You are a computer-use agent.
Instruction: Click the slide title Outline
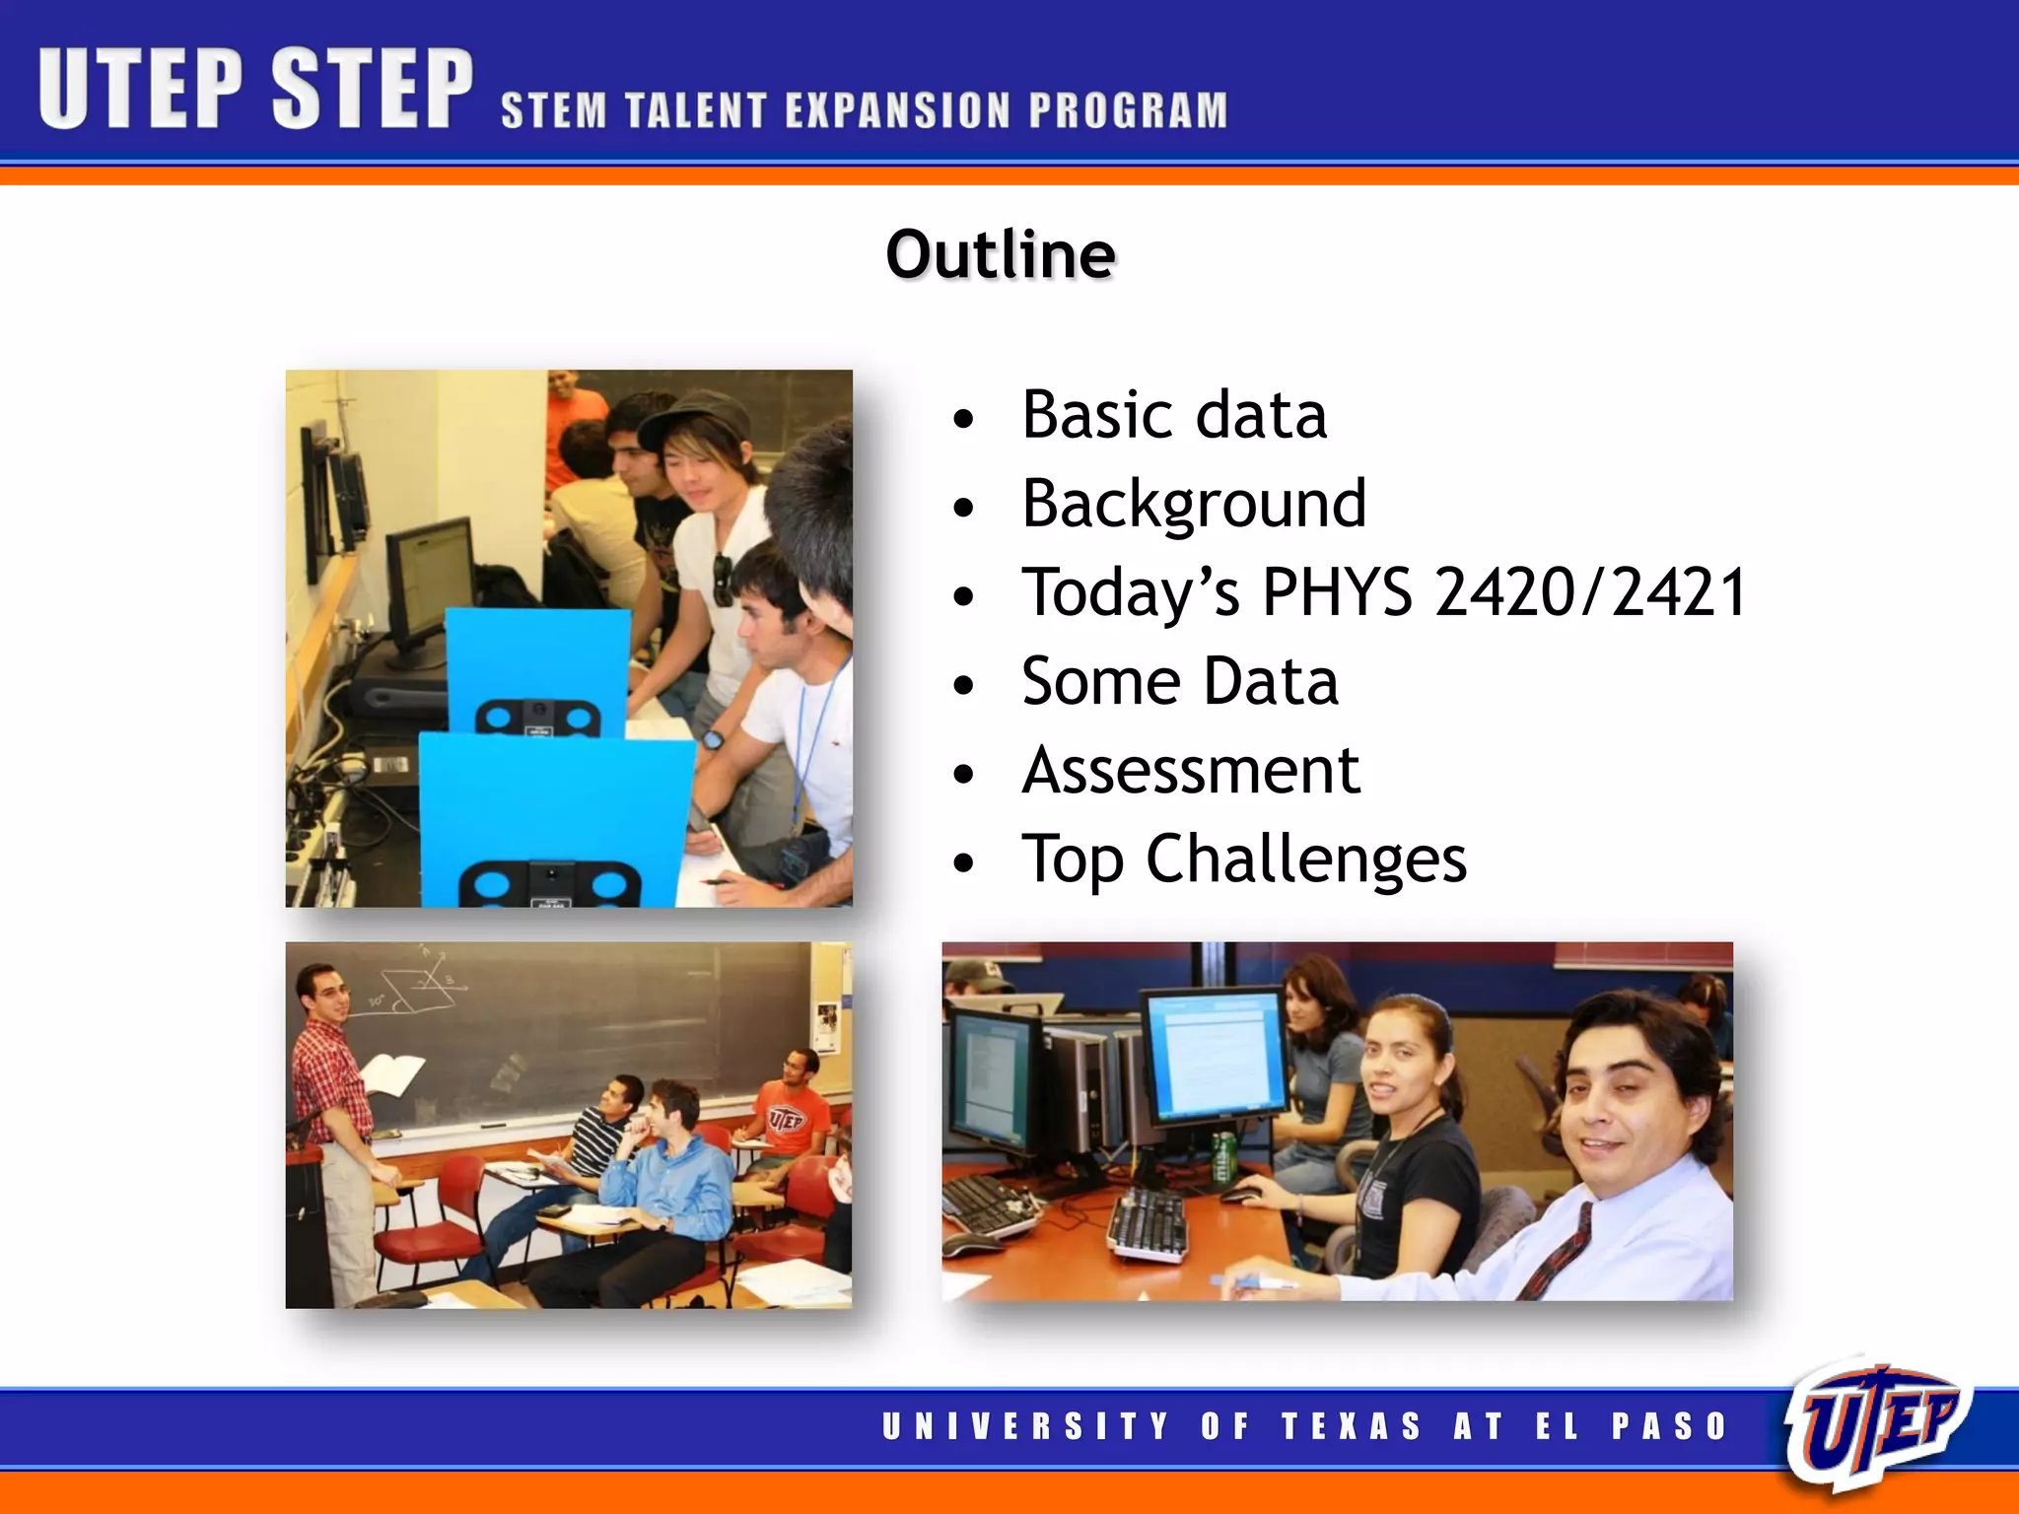(1001, 254)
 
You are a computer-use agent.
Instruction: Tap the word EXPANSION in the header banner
(898, 110)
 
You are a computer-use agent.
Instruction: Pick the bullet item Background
(1194, 504)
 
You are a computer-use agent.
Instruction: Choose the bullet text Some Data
(1180, 681)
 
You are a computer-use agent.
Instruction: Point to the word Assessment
(1191, 770)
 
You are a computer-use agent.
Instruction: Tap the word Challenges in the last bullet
(1305, 860)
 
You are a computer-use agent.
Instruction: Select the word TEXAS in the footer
(1352, 1426)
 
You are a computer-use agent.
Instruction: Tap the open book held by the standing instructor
(392, 1073)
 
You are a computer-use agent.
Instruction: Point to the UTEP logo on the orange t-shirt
(786, 1119)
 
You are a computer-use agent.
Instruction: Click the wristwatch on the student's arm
(712, 738)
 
